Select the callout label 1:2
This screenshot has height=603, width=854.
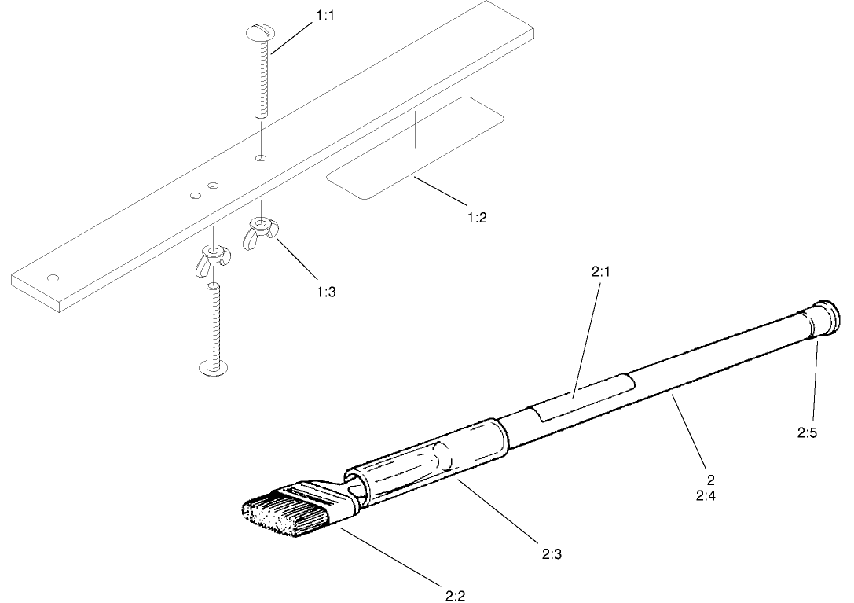[476, 218]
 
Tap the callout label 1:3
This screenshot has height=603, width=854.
[326, 291]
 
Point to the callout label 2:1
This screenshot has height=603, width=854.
[600, 273]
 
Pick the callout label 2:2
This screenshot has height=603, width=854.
[455, 595]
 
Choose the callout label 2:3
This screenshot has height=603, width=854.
[552, 553]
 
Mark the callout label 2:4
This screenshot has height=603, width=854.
[706, 496]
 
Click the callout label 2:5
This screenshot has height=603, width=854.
[807, 432]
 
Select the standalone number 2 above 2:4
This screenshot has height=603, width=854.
[711, 480]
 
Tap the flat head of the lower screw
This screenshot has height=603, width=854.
[213, 366]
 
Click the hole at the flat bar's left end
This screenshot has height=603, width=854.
[53, 278]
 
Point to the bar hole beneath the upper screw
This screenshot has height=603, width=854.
[261, 159]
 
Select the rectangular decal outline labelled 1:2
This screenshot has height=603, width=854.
[414, 148]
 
